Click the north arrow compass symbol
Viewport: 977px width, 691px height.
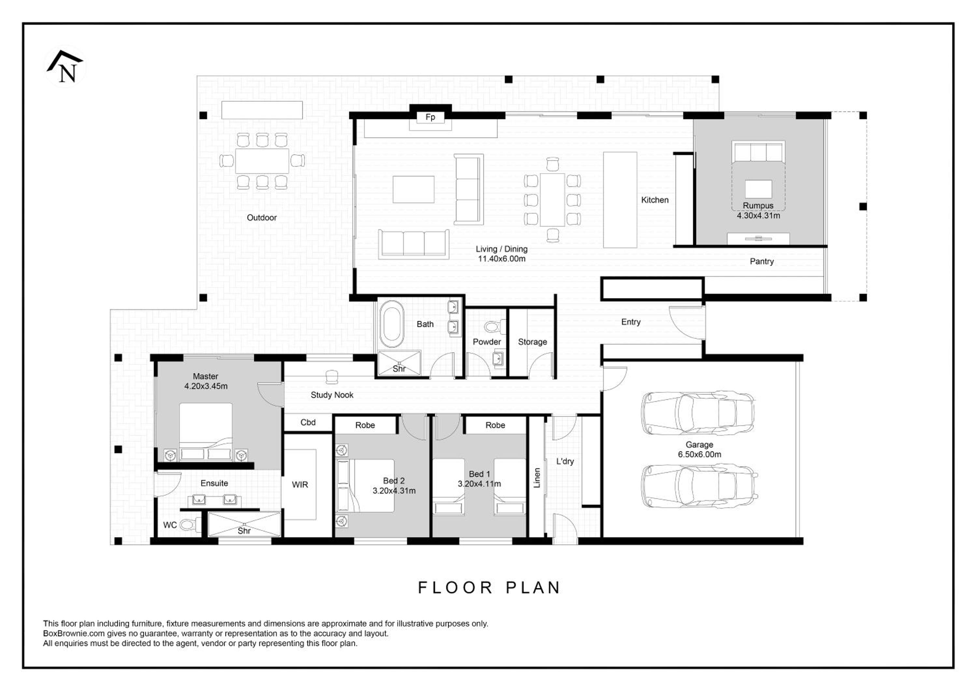pos(65,66)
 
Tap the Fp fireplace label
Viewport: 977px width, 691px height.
pos(430,117)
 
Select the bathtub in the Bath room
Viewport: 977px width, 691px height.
pos(391,325)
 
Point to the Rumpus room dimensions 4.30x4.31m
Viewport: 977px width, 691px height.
pos(758,216)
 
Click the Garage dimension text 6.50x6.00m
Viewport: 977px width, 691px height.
pos(700,455)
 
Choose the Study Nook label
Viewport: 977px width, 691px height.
pos(332,395)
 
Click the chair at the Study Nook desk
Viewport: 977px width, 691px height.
pos(332,377)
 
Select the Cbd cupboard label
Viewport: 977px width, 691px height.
pos(308,423)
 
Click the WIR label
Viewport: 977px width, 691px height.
pos(300,485)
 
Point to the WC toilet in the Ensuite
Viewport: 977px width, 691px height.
pos(190,525)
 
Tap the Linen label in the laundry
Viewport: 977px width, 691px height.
pos(537,478)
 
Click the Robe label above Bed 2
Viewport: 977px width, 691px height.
pos(365,425)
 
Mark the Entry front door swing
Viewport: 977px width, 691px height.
pos(687,322)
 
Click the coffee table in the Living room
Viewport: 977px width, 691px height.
pos(413,189)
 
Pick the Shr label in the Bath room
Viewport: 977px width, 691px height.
pos(399,369)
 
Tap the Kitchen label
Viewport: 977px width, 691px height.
pos(655,200)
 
